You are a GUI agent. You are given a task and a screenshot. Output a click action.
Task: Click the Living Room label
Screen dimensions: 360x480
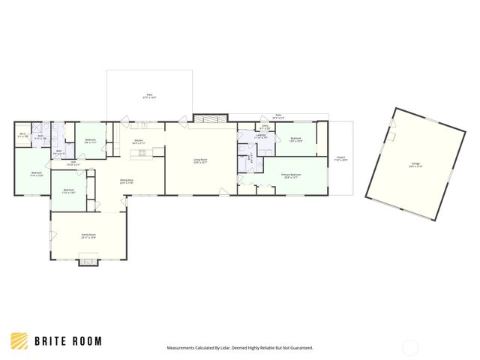tap(200, 160)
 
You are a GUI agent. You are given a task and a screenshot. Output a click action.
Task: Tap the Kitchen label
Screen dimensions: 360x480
tap(139, 141)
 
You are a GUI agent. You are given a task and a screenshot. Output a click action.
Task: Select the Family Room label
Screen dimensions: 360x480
tap(88, 235)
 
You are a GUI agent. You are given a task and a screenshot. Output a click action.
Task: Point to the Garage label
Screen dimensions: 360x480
tap(415, 164)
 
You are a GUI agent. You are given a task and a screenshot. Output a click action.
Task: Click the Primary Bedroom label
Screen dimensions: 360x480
tap(289, 176)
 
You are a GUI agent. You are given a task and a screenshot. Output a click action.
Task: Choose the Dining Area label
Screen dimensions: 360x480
tap(127, 181)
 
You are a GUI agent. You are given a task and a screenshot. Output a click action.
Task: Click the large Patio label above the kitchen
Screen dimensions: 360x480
tap(150, 97)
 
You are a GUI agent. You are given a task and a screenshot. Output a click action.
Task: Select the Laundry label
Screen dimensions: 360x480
tap(260, 136)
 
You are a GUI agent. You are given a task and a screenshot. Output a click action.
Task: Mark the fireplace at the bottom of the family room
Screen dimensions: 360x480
tap(88, 261)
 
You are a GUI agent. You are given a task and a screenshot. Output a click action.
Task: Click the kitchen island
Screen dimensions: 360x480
tap(142, 154)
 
